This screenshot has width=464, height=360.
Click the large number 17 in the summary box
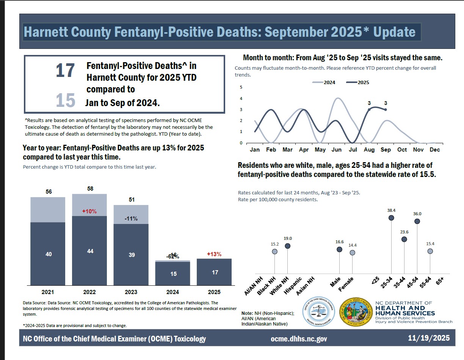click(65, 71)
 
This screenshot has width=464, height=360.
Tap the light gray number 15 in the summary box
click(65, 101)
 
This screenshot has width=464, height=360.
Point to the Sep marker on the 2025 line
click(386, 110)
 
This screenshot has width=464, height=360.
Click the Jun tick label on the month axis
click(336, 150)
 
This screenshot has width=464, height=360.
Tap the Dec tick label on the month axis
click(435, 150)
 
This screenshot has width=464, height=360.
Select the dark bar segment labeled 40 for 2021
click(48, 254)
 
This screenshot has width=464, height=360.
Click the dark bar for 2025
click(215, 272)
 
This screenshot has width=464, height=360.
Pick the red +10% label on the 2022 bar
click(89, 211)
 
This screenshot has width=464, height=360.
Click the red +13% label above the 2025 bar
click(214, 254)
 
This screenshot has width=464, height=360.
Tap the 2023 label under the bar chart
click(131, 292)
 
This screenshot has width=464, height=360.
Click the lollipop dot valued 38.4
click(391, 218)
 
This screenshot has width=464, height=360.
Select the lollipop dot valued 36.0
click(417, 221)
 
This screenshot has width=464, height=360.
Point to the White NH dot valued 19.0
click(287, 246)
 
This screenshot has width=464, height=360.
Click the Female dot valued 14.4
click(352, 252)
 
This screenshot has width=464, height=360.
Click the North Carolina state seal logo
click(355, 311)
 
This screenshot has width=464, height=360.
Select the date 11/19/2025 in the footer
click(429, 338)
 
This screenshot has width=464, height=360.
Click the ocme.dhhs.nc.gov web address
click(299, 339)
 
